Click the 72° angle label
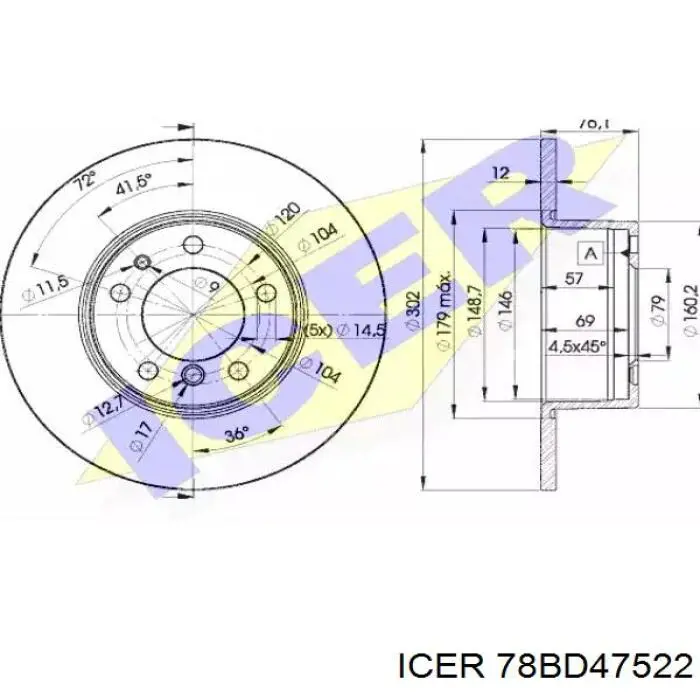(x=86, y=182)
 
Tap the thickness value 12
(x=501, y=173)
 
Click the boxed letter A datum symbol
(x=591, y=252)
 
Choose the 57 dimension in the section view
(x=574, y=279)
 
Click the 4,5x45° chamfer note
(x=577, y=349)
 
